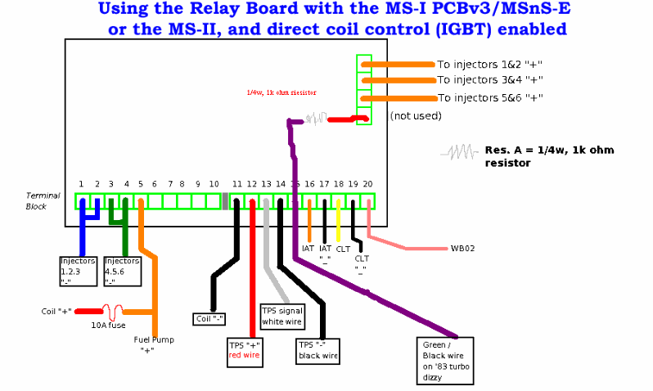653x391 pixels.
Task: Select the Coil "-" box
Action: coord(209,318)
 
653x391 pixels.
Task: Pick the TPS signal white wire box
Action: coord(282,316)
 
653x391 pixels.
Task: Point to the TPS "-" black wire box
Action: coord(318,350)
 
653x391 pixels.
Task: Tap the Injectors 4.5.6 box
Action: coord(122,271)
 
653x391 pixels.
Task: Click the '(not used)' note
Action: coord(415,116)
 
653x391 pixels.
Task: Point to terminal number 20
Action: coord(367,184)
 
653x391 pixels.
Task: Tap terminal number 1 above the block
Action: coord(81,184)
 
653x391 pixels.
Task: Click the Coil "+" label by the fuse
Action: coord(56,312)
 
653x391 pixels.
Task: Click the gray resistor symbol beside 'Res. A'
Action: coord(459,152)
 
